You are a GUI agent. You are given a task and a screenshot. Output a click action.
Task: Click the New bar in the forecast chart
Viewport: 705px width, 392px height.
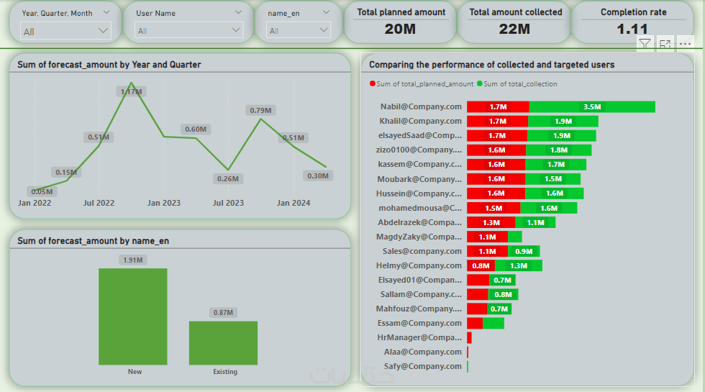click(133, 316)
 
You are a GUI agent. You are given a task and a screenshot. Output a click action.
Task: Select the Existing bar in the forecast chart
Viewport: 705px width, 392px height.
click(223, 342)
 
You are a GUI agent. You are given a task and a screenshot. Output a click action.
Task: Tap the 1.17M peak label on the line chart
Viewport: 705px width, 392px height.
click(131, 92)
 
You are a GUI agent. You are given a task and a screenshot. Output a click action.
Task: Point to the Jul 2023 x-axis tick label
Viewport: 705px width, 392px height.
click(228, 203)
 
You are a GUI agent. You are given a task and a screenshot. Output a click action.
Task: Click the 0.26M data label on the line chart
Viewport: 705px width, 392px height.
click(228, 179)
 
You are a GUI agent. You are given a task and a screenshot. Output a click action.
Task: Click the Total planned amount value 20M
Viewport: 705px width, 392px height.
click(400, 29)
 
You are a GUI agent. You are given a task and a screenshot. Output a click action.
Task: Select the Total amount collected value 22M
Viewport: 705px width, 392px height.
click(514, 29)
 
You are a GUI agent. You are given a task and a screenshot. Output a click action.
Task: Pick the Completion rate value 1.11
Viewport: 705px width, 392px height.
click(632, 29)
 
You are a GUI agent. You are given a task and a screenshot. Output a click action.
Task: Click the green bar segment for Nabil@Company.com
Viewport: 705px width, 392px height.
click(591, 106)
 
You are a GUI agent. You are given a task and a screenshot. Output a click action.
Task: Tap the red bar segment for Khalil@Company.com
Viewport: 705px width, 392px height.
click(497, 121)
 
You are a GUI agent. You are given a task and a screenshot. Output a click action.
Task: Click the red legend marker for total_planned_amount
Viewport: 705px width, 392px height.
click(373, 84)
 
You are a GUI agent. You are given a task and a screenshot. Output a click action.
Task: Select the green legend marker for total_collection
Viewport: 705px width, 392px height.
click(480, 84)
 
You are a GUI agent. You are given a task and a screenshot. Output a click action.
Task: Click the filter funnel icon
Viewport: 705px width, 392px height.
click(645, 44)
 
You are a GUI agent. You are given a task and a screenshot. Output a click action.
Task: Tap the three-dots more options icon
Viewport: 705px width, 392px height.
click(684, 44)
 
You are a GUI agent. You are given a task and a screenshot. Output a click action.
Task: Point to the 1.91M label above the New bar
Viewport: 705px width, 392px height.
click(133, 260)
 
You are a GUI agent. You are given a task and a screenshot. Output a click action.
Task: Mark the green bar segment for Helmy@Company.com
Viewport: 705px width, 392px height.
click(518, 265)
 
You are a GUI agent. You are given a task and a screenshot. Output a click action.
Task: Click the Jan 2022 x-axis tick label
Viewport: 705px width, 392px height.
click(35, 203)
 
